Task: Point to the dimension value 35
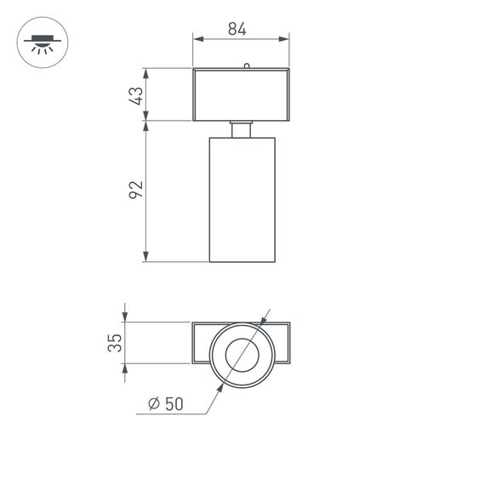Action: click(116, 343)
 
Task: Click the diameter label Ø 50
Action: click(165, 405)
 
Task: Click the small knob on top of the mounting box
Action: click(246, 65)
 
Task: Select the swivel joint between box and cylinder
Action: click(242, 128)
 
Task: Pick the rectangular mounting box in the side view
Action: click(242, 94)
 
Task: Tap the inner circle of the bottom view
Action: click(242, 353)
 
